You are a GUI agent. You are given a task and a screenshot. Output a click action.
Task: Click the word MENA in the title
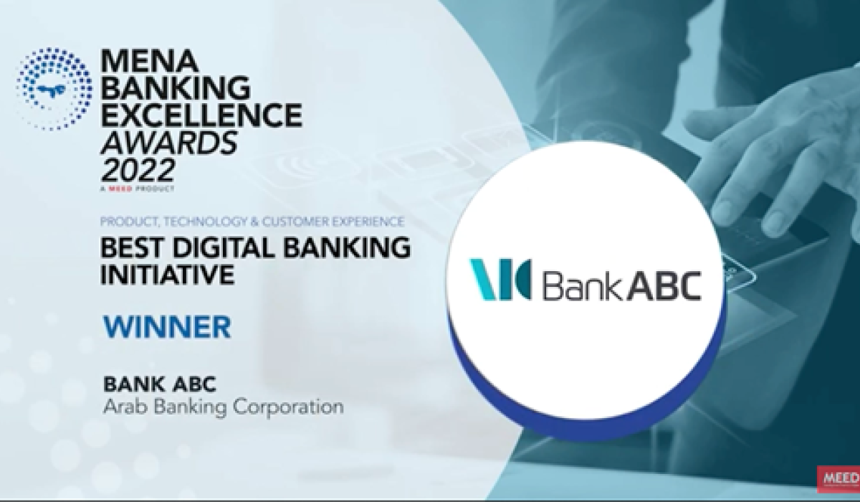click(150, 61)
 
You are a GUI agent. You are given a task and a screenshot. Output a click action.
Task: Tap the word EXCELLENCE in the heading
click(201, 115)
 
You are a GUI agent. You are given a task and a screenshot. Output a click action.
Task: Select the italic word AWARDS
click(169, 143)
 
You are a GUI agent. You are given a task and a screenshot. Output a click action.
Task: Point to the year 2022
click(138, 170)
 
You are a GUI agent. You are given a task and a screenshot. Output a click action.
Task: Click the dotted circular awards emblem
click(54, 89)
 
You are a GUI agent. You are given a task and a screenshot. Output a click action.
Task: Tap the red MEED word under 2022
click(120, 189)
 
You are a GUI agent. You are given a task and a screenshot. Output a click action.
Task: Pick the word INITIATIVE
click(168, 274)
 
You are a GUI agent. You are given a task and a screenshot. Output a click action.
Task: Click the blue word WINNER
click(168, 327)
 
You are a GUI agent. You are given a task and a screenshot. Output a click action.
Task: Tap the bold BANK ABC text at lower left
click(160, 384)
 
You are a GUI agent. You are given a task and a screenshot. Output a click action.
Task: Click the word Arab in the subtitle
click(126, 407)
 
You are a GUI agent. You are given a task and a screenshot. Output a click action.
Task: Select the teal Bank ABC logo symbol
click(501, 279)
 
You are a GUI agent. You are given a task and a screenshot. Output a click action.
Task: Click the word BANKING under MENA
click(176, 87)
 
